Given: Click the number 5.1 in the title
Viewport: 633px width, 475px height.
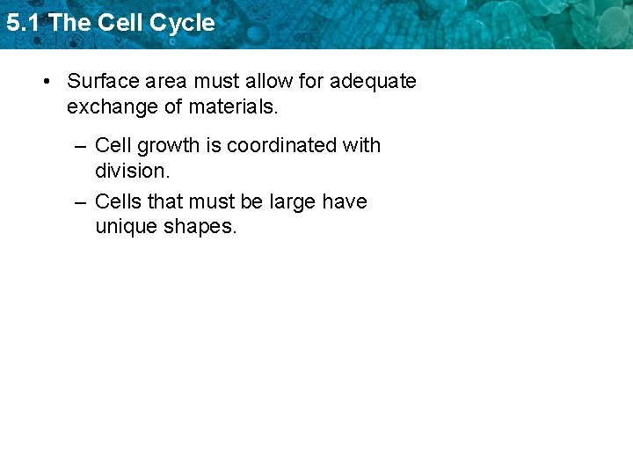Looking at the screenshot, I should pyautogui.click(x=22, y=23).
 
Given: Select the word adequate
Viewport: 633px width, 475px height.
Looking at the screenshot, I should pyautogui.click(x=373, y=82).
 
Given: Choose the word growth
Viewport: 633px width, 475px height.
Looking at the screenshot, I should pyautogui.click(x=167, y=145).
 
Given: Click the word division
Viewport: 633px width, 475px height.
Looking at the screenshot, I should pyautogui.click(x=132, y=171).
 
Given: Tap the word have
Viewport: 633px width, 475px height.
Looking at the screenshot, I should pyautogui.click(x=345, y=201).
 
